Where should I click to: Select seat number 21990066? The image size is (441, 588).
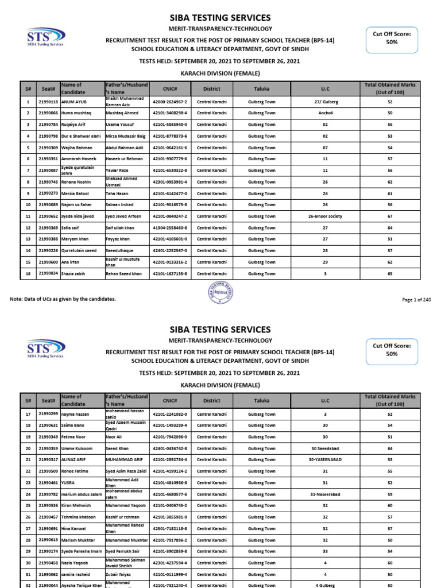tap(48, 113)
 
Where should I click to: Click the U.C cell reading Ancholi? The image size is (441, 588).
tap(326, 113)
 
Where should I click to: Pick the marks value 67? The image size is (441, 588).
tap(390, 216)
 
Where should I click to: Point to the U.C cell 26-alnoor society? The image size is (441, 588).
tap(326, 216)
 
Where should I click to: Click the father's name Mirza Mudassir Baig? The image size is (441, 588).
tap(125, 136)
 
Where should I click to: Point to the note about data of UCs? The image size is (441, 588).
tap(63, 299)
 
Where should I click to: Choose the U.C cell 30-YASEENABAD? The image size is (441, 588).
tap(326, 459)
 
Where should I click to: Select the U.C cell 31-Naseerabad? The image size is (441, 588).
tap(326, 494)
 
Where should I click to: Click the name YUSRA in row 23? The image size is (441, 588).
tap(68, 482)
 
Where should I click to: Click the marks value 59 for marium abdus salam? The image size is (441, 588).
tap(390, 494)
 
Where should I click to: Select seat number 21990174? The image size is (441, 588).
tap(48, 551)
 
